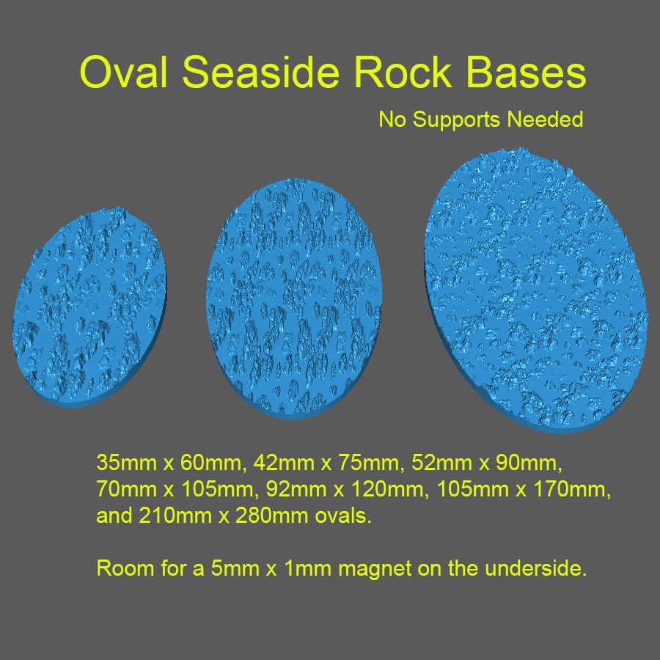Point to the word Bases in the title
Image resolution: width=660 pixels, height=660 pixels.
tap(521, 73)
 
